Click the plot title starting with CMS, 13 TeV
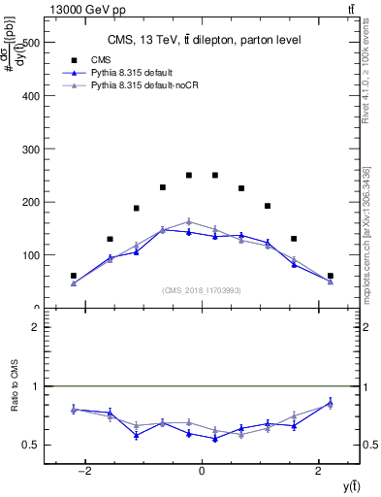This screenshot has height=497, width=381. click(203, 40)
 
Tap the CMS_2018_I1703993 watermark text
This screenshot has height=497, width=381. click(202, 290)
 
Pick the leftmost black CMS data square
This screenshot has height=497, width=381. click(74, 276)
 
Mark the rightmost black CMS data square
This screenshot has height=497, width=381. click(330, 276)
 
